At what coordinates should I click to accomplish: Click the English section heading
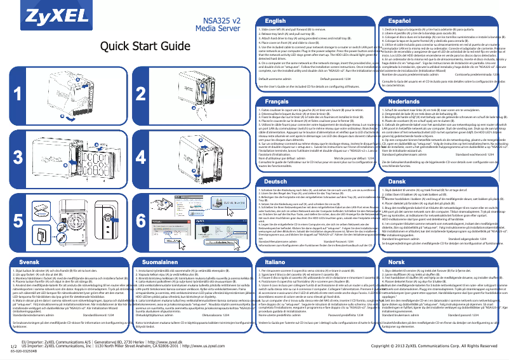[x=275, y=22]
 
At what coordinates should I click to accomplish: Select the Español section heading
[x=399, y=22]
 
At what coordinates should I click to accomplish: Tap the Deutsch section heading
[x=276, y=181]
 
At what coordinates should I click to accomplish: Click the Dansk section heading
[x=398, y=181]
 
